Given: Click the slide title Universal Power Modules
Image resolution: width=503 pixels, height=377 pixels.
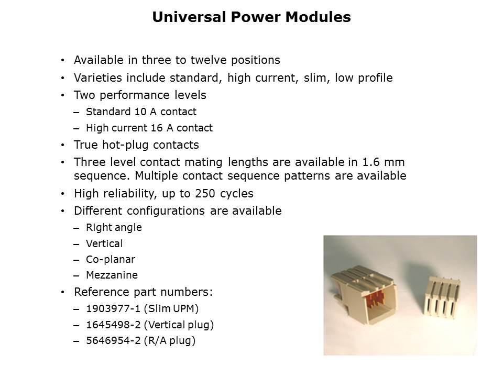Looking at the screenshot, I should click(251, 17).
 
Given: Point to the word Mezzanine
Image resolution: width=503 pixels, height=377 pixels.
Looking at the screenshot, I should click(112, 275).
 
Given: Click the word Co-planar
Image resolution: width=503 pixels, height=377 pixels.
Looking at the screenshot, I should click(111, 259).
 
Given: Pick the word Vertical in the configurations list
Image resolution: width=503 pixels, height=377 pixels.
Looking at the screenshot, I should click(104, 243).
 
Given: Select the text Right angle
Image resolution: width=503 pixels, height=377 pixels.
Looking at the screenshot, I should click(114, 227).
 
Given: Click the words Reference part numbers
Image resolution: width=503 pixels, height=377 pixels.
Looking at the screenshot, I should click(143, 292).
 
